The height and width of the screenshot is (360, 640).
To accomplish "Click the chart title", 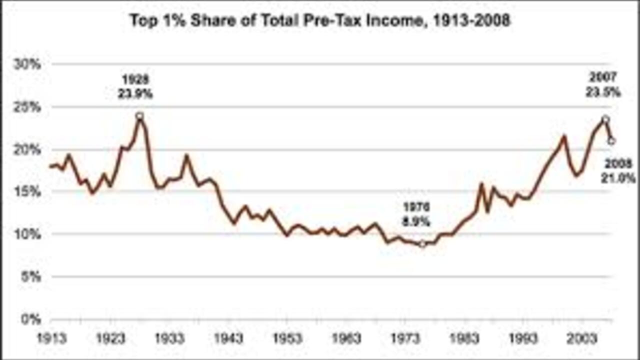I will coord(320,21).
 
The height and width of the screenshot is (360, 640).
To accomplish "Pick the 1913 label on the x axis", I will coord(51,339).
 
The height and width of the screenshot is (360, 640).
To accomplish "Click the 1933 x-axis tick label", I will coord(169,339).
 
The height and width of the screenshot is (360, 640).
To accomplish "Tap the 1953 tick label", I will coord(287,339).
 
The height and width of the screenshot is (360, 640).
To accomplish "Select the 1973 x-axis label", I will coord(405,339).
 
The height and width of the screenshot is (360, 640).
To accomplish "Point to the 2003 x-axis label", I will coord(581,339).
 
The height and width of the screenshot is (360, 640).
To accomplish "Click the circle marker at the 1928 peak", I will coord(139,116).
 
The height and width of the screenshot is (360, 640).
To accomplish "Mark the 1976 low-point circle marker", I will coord(422,243).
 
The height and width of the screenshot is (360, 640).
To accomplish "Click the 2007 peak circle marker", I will coord(605,119).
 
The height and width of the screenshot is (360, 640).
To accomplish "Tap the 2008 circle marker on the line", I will coord(611,141).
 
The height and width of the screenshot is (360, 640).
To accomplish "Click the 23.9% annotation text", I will coord(135,93).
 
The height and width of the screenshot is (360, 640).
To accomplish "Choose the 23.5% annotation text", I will coord(603,92).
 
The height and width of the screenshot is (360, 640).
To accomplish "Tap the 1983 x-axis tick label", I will coord(464,339).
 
